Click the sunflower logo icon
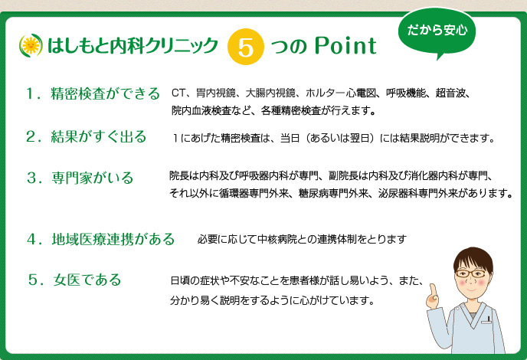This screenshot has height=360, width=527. tap(31, 45)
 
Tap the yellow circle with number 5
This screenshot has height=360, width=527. tap(245, 47)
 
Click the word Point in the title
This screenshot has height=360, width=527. tap(345, 46)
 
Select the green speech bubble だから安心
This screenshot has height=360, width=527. tap(437, 33)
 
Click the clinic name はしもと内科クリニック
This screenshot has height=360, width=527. tap(133, 46)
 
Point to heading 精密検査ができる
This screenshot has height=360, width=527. tap(105, 93)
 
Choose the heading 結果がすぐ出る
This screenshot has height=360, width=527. tap(99, 137)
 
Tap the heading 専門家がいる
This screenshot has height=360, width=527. tap(93, 178)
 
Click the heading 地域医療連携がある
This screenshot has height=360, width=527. tap(113, 239)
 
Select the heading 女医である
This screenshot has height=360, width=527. tap(87, 280)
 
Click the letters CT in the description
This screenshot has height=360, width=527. tap(178, 93)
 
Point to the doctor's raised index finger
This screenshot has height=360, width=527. tap(433, 290)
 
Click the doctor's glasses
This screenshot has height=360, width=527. tap(471, 273)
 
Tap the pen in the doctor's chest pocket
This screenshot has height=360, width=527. tap(489, 319)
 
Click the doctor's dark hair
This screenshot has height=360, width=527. tap(473, 258)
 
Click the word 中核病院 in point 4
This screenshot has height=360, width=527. tap(277, 239)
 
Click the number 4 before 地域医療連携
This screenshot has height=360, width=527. tap(32, 239)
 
